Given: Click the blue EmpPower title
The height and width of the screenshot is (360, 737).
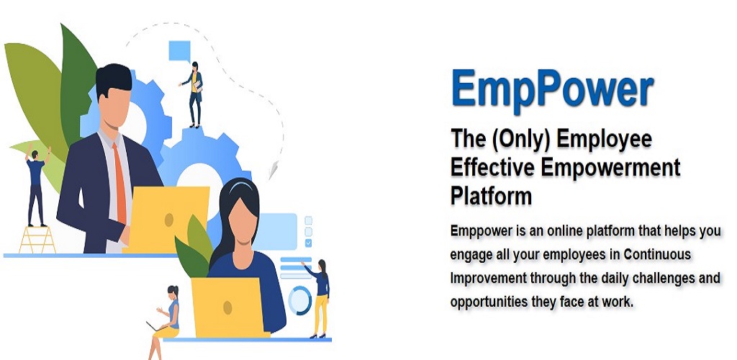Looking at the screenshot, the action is (553, 89).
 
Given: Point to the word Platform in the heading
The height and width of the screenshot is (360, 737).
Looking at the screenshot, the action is (491, 196).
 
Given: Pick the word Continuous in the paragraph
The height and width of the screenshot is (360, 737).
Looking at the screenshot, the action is (658, 255).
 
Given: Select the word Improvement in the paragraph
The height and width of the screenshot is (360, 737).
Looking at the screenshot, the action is (489, 279).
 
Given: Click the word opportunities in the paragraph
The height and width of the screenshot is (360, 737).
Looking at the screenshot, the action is (489, 302).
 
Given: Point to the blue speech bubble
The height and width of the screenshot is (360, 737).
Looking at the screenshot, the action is (179, 51).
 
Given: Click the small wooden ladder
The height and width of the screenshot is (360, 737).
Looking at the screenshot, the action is (37, 239).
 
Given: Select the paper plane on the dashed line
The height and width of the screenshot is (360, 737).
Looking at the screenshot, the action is (273, 170).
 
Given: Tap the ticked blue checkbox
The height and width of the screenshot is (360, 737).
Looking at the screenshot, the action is (308, 243).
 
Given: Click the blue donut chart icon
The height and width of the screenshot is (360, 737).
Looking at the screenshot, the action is (300, 300).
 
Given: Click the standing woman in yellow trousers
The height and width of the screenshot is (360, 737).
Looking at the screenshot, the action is (319, 299).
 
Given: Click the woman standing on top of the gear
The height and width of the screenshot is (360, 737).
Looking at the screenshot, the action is (193, 94).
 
